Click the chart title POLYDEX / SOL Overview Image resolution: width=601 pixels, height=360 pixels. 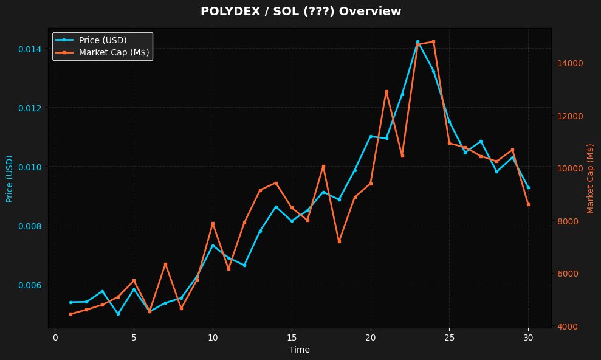click(300, 11)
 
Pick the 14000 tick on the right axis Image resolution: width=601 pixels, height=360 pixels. click(571, 63)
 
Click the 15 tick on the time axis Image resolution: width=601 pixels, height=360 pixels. click(292, 337)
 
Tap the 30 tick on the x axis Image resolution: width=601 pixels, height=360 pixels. click(528, 337)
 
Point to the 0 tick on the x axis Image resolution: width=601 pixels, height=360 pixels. click(55, 337)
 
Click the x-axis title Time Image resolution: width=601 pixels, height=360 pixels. click(300, 350)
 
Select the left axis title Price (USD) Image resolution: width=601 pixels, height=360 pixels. click(9, 179)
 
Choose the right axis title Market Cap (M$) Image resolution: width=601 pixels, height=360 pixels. click(590, 179)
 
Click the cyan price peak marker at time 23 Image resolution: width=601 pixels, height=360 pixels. click(417, 42)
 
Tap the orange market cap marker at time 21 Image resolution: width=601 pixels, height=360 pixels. click(386, 91)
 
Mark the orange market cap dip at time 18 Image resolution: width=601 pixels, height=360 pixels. click(339, 241)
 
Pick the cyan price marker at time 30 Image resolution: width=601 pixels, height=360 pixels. click(528, 187)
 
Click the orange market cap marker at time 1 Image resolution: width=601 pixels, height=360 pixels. click(71, 314)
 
